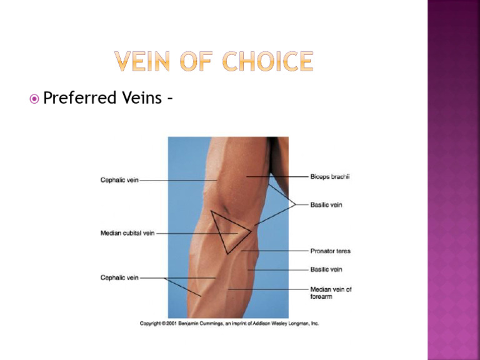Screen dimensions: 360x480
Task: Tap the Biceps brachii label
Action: (x=330, y=177)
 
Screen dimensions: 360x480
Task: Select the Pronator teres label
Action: (x=331, y=251)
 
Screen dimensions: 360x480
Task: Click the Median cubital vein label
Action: (x=127, y=234)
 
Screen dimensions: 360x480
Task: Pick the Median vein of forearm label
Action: (x=331, y=293)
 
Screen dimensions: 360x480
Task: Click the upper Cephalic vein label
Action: (x=119, y=181)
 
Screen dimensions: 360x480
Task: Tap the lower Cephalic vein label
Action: (x=119, y=277)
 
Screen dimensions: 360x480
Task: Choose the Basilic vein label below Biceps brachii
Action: (x=326, y=204)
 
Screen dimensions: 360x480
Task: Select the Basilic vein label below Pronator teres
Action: (x=326, y=269)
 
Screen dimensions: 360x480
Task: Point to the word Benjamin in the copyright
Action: (x=196, y=324)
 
